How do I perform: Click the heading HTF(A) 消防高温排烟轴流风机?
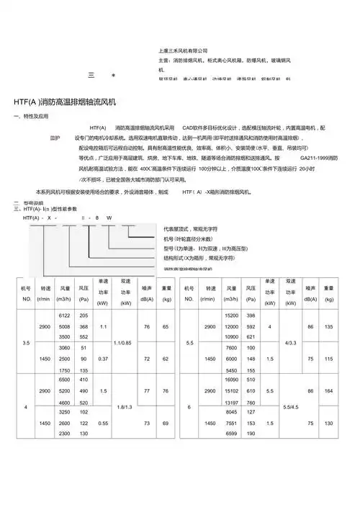70,102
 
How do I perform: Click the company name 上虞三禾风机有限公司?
182,50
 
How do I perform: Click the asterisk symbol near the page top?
112,75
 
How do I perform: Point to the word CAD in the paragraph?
189,127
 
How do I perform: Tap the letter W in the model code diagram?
109,217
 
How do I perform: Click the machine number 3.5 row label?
26,342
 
